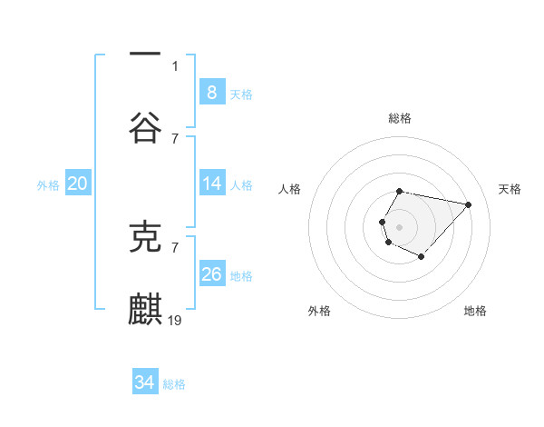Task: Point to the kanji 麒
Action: tap(145, 310)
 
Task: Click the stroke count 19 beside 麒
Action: tap(176, 320)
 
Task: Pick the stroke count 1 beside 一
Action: tap(175, 65)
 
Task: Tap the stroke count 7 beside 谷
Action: tap(175, 138)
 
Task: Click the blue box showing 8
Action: tap(211, 93)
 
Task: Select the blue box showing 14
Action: tap(211, 184)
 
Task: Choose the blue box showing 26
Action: tap(211, 274)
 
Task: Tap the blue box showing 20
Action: tap(77, 184)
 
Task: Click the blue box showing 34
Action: tap(144, 382)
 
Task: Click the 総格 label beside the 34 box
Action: tap(174, 384)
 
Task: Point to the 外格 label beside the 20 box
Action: tap(48, 185)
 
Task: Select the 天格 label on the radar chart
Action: tap(510, 189)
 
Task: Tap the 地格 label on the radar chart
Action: tap(475, 311)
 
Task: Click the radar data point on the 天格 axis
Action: tap(468, 204)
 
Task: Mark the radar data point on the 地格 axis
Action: tap(422, 257)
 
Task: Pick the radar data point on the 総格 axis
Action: tap(399, 191)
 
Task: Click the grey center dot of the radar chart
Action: tap(399, 225)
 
